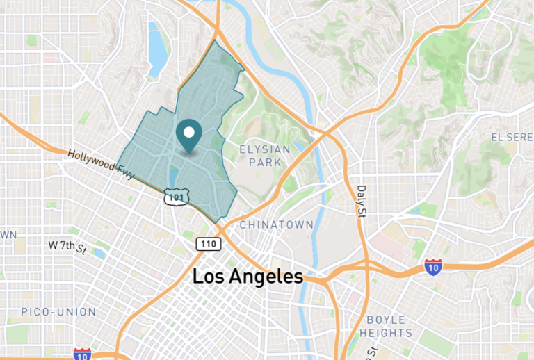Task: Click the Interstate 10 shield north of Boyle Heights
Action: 433,267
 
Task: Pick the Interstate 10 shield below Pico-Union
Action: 82,354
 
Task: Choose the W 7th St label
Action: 67,246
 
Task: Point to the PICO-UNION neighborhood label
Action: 58,312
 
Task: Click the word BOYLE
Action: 386,320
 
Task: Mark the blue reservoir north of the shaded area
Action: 157,49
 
